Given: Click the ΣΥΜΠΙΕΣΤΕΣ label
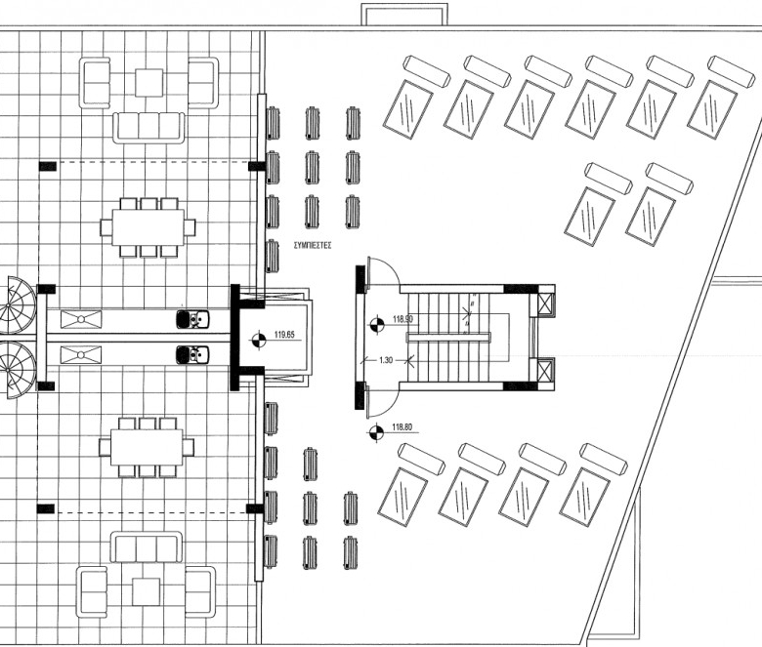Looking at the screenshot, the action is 313,246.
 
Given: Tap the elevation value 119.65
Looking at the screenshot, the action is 285,335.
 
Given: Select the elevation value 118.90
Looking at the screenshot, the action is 402,319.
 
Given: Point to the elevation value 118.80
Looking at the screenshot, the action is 402,427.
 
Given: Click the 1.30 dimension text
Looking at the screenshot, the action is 385,360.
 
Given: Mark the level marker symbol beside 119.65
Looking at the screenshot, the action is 259,340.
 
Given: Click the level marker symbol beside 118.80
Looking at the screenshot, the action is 376,432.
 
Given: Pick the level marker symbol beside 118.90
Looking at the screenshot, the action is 376,324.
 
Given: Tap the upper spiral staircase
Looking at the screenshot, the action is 18,304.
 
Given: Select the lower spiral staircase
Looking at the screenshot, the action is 18,370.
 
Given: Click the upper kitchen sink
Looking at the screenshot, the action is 192,319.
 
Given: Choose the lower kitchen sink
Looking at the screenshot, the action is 192,355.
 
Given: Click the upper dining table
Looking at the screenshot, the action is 148,227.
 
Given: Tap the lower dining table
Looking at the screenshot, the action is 147,447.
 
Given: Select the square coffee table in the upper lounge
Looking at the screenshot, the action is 148,83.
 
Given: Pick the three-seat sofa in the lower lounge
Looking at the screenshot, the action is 147,548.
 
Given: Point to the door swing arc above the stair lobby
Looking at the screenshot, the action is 383,272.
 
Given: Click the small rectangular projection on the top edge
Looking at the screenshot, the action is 404,14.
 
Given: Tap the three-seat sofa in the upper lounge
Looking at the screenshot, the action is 148,128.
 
